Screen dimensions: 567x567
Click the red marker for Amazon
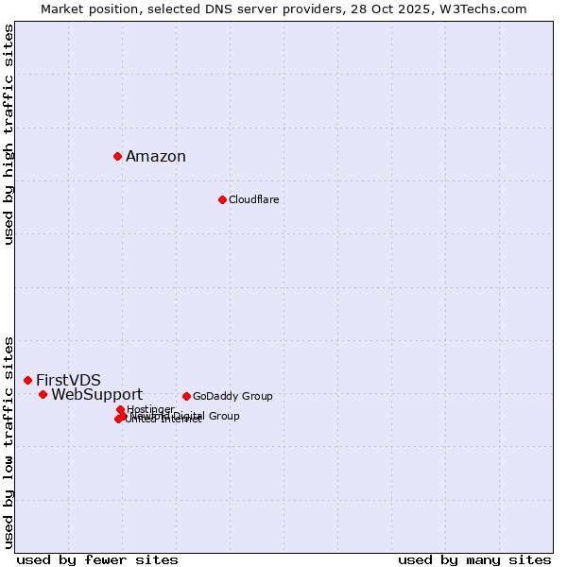(117, 156)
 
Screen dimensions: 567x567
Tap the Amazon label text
(156, 157)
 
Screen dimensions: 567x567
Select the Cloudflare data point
(222, 199)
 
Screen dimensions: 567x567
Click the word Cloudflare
(253, 200)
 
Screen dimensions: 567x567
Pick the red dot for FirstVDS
(27, 380)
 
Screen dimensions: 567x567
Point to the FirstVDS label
(68, 380)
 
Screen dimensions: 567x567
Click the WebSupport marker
(43, 394)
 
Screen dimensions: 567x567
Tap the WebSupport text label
(96, 395)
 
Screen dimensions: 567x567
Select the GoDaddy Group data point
(186, 396)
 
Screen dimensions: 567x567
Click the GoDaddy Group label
(232, 397)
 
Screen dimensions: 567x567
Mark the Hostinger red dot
(120, 409)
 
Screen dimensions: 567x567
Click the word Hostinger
(151, 409)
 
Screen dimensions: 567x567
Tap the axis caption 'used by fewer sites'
(97, 559)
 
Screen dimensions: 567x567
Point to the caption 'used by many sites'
(474, 559)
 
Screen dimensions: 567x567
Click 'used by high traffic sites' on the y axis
(9, 134)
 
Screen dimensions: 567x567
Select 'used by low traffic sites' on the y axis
(9, 441)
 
